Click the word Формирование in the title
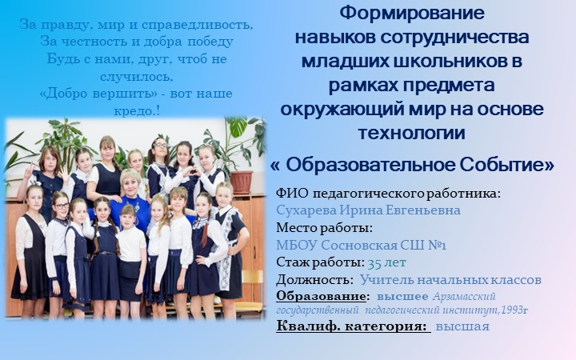(412, 14)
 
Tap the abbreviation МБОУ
(296, 245)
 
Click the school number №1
(431, 245)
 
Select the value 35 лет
(386, 262)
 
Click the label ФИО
(291, 193)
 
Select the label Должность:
(314, 280)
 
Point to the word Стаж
(292, 262)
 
